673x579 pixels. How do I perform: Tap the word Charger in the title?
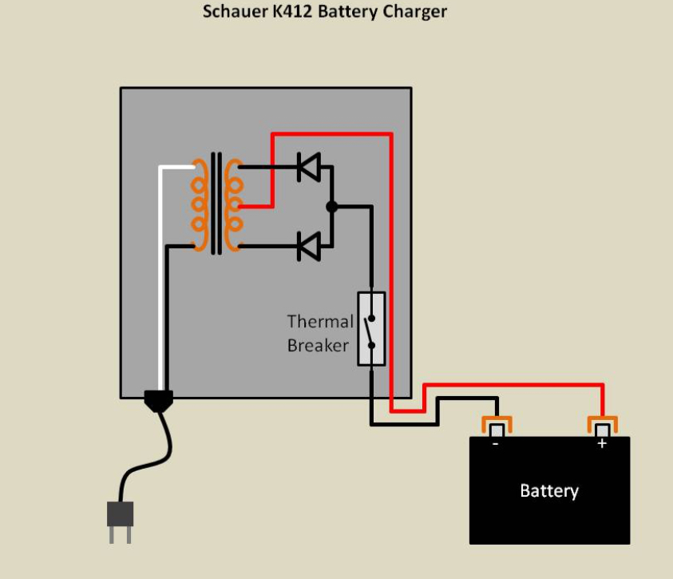tap(414, 12)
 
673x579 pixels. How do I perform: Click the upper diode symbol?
tap(308, 168)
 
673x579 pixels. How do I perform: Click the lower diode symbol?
tap(308, 246)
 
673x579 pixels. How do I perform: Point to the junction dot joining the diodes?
tap(332, 207)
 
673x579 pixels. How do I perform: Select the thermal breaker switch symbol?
tap(371, 329)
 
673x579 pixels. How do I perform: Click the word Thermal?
tap(320, 322)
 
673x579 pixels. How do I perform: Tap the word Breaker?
tap(318, 346)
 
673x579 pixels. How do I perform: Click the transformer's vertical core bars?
tap(216, 204)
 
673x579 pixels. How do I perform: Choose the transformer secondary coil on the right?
tap(233, 204)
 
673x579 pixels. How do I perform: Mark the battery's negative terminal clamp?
tap(496, 425)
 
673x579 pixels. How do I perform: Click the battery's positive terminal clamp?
tap(603, 425)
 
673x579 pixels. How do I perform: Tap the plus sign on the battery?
tap(602, 443)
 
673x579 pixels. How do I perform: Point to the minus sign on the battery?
tap(496, 443)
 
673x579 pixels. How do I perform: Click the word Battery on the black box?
tap(549, 490)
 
